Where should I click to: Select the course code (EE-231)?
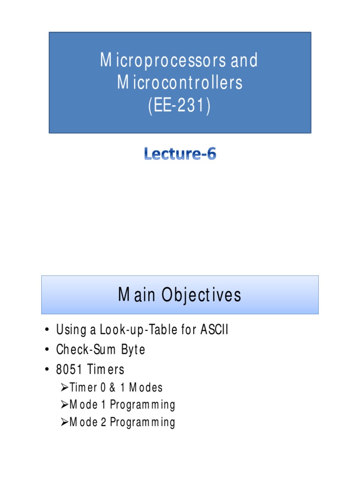point(180,106)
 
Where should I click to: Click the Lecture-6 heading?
point(180,155)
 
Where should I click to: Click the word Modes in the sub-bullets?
point(146,388)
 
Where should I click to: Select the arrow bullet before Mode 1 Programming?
point(65,405)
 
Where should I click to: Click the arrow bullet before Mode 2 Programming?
point(65,422)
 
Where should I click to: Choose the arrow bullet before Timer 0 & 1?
point(65,388)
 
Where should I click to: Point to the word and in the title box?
point(243,60)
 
